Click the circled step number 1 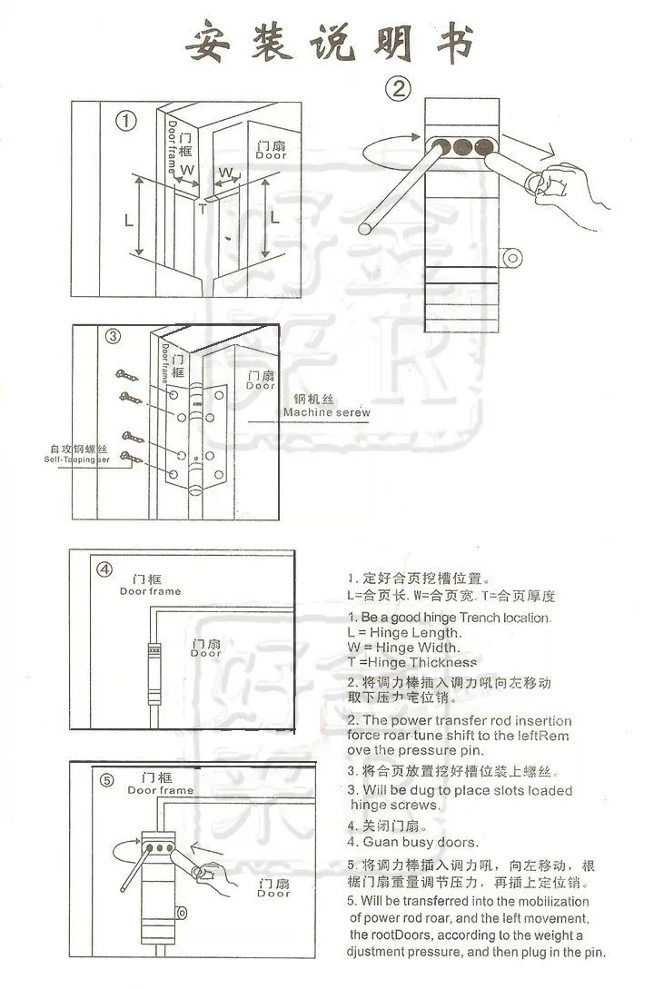(x=126, y=121)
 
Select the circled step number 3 (x=113, y=337)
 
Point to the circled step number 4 (x=105, y=569)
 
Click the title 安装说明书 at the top (x=330, y=43)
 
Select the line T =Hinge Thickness (x=415, y=662)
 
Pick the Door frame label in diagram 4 (x=150, y=591)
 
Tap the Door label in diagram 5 (x=272, y=894)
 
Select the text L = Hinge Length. (x=404, y=632)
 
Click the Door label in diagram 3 (x=260, y=386)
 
